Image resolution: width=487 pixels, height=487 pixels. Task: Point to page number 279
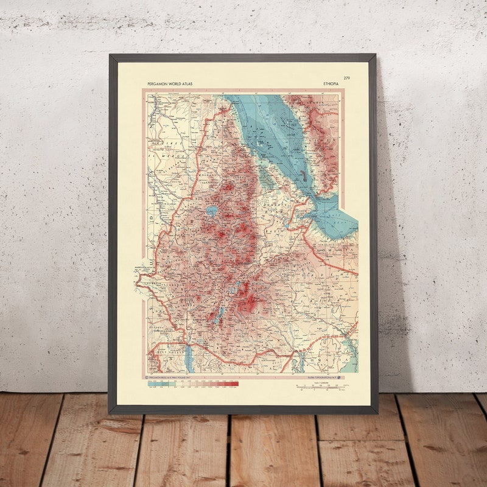click(x=346, y=78)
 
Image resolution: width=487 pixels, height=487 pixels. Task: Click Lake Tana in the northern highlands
click(x=212, y=211)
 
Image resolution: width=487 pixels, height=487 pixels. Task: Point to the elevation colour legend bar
click(x=194, y=384)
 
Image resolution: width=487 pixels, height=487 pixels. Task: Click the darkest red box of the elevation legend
click(x=234, y=384)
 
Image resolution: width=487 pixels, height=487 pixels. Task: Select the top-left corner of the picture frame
click(x=111, y=56)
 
